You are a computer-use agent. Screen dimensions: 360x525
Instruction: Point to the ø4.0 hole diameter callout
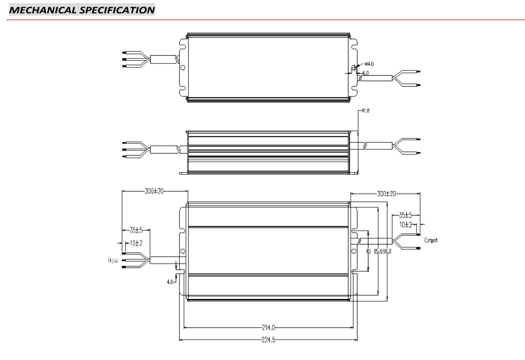(x=369, y=64)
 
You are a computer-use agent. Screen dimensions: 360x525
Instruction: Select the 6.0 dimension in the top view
(x=365, y=73)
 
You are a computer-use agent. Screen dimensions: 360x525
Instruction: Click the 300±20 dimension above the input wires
(x=154, y=191)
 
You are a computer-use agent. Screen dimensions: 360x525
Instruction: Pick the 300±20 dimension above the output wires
(x=386, y=194)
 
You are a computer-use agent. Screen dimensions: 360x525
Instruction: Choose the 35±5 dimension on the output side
(x=405, y=215)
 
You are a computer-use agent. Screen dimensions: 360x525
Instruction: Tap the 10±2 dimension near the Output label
(x=405, y=225)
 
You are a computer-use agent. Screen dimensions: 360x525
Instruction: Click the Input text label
(x=113, y=260)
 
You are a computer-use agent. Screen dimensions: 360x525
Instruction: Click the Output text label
(x=431, y=240)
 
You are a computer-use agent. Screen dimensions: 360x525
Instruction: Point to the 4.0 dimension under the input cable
(x=170, y=282)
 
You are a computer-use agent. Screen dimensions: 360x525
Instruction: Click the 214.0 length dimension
(x=269, y=327)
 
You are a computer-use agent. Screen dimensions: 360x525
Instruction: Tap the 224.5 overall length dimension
(x=269, y=340)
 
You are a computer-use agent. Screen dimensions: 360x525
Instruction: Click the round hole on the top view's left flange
(x=183, y=67)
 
